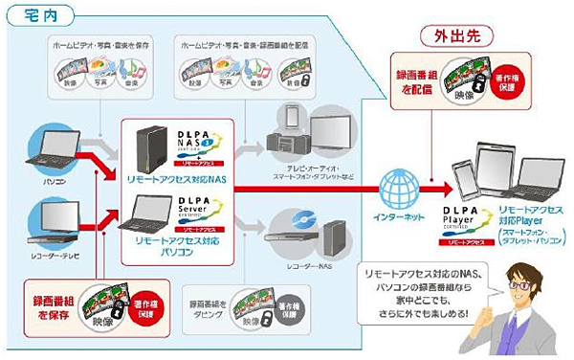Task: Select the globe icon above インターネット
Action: coord(393,182)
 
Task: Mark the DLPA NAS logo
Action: coord(202,143)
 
